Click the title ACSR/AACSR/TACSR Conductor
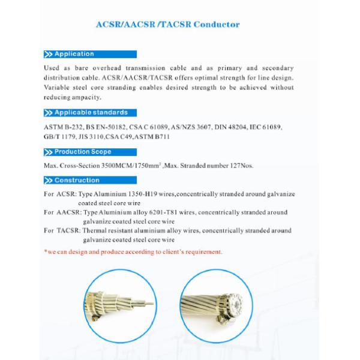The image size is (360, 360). coord(168,25)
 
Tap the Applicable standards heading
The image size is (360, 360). coord(90,112)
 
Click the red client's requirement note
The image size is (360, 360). coord(133,252)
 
